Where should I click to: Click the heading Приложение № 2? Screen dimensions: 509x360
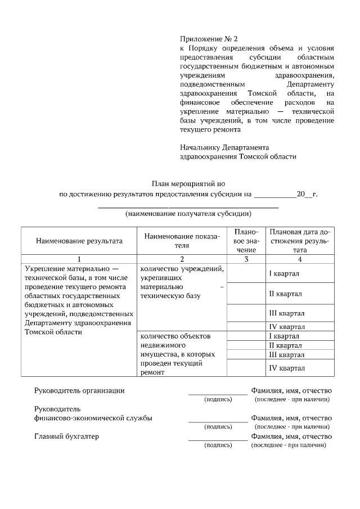tap(209, 39)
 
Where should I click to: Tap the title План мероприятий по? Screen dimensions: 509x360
tap(188, 184)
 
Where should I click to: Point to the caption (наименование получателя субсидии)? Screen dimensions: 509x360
tap(188, 214)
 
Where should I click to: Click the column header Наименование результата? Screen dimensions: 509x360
tap(79, 241)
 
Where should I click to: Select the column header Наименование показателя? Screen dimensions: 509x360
tap(182, 241)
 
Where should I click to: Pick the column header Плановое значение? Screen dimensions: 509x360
tap(246, 241)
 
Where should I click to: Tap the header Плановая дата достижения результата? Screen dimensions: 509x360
tap(300, 241)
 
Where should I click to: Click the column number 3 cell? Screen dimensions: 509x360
tap(246, 259)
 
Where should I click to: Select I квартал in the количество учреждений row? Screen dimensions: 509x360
tap(283, 273)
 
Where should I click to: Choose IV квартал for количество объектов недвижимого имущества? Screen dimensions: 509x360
tap(286, 368)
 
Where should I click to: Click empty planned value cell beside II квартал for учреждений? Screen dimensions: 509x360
tap(246, 294)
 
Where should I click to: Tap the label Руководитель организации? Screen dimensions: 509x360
tap(79, 390)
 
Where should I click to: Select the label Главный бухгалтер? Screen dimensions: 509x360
tap(66, 436)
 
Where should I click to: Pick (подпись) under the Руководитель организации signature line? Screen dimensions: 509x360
tap(218, 399)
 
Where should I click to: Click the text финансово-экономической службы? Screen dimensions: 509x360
tap(93, 418)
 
